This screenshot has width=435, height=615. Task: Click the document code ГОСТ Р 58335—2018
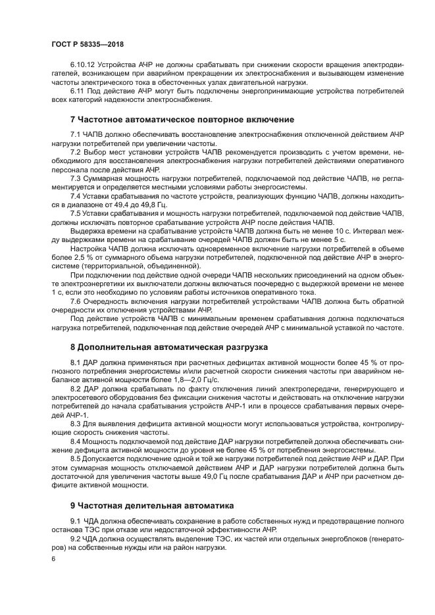pyautogui.click(x=87, y=44)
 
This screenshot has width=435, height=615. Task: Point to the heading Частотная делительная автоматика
pyautogui.click(x=152, y=506)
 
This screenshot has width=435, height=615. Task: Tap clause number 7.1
pyautogui.click(x=75, y=134)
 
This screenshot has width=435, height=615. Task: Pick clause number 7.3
pyautogui.click(x=75, y=178)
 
